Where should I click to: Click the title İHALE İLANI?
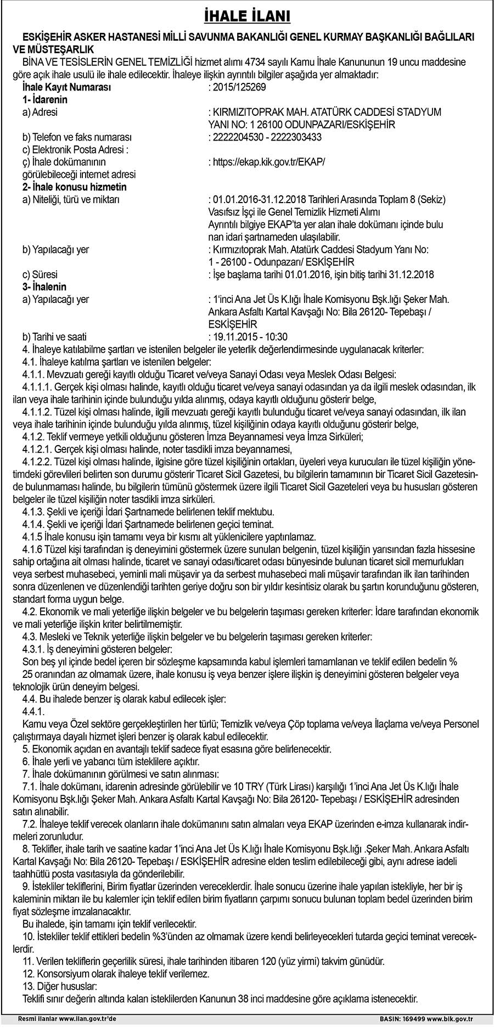(x=247, y=16)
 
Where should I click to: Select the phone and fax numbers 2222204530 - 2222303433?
(x=265, y=137)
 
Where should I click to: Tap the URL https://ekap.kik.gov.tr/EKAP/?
(x=267, y=162)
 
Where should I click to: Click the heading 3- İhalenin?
(x=44, y=287)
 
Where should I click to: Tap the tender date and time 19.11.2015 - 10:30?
(x=248, y=337)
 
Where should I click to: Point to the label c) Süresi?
(x=40, y=274)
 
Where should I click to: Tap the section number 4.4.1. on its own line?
(x=33, y=711)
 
